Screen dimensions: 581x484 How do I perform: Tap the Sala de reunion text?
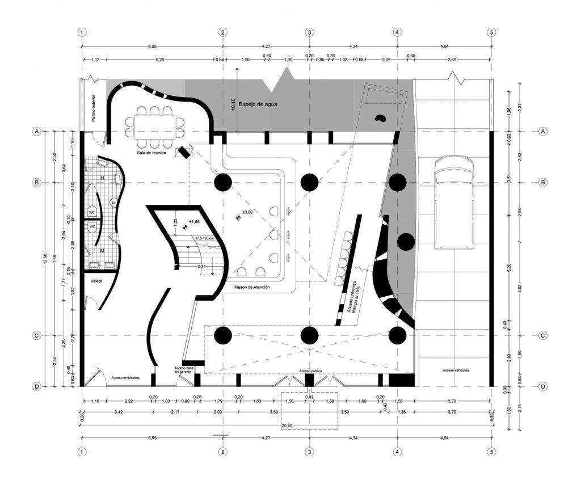151,152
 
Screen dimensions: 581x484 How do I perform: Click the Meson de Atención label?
252,288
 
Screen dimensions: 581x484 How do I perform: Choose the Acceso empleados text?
125,378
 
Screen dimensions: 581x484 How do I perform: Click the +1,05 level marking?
193,222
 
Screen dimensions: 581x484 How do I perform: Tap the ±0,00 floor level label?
247,212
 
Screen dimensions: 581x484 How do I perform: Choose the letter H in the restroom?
102,178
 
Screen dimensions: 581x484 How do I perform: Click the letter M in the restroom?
102,250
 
